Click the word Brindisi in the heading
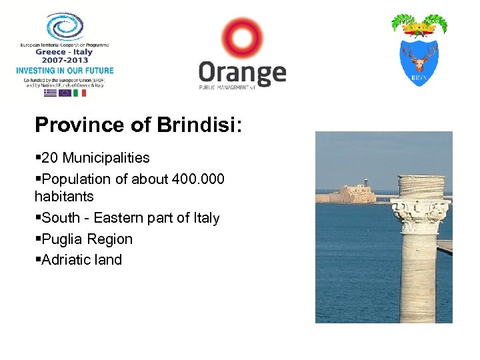[x=200, y=125]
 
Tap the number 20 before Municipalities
[x=51, y=158]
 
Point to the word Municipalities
[x=106, y=158]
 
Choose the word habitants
[x=64, y=197]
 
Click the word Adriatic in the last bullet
[x=67, y=260]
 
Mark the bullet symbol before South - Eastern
[x=37, y=218]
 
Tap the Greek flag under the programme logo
[x=50, y=93]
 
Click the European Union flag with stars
[x=65, y=93]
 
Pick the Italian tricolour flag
[x=79, y=93]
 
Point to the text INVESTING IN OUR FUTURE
[x=65, y=71]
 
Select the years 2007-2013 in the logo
[x=65, y=60]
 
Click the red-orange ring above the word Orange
[x=242, y=38]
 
